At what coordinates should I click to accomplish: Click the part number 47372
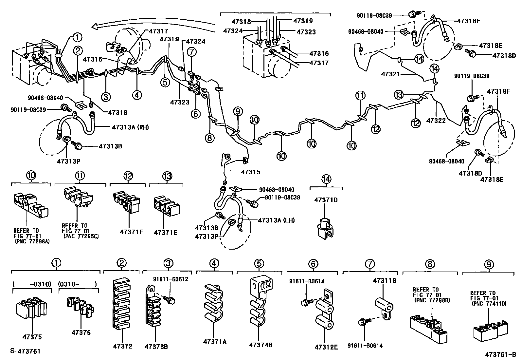click(123, 346)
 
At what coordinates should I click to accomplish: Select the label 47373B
click(156, 347)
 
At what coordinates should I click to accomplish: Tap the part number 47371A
click(214, 342)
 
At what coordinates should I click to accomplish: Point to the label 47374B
click(260, 345)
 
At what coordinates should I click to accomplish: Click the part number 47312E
click(326, 347)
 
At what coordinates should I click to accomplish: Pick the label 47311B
click(385, 280)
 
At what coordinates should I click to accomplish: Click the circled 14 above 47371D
click(326, 179)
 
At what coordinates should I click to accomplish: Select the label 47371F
click(131, 232)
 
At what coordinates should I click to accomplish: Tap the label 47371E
click(165, 232)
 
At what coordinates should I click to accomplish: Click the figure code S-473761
click(25, 351)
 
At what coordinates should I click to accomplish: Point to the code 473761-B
click(500, 354)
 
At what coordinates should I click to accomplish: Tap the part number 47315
click(251, 172)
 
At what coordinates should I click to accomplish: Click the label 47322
click(436, 121)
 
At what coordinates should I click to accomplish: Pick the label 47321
click(390, 74)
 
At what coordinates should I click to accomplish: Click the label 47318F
click(468, 21)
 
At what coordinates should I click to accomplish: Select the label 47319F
click(499, 91)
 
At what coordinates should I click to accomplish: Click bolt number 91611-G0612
click(171, 279)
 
